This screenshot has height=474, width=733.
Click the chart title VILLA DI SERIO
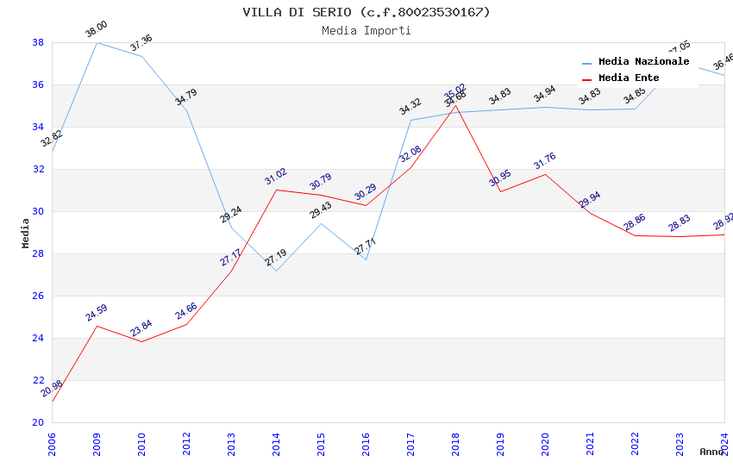[366, 12]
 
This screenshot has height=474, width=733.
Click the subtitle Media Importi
[366, 30]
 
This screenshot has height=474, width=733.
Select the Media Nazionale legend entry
[643, 62]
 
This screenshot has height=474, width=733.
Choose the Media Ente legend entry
[629, 78]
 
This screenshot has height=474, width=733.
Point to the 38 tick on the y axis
[38, 42]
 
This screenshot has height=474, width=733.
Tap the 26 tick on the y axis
[38, 296]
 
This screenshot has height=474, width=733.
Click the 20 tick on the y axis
[38, 422]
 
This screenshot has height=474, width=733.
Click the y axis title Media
[26, 233]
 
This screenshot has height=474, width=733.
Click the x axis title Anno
[711, 452]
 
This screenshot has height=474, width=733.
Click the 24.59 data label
[97, 313]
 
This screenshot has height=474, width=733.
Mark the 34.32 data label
[410, 107]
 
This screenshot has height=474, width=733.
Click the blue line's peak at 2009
[97, 42]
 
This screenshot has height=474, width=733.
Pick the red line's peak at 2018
[455, 105]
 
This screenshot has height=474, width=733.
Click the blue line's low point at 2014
[276, 271]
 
